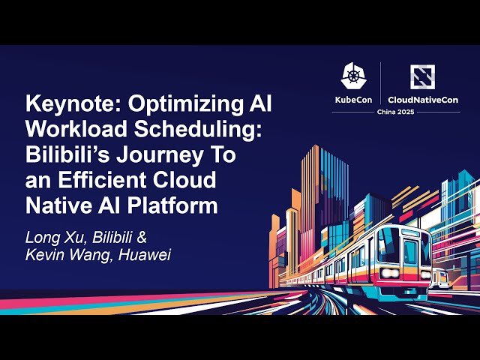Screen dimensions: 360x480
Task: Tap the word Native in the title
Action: [55, 205]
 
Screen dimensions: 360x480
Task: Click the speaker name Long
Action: [43, 238]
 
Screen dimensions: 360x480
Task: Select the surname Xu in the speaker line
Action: [73, 238]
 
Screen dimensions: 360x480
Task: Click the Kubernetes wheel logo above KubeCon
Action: [353, 76]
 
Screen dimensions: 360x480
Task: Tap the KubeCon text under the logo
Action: [353, 99]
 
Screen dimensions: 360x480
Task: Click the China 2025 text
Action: [385, 112]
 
